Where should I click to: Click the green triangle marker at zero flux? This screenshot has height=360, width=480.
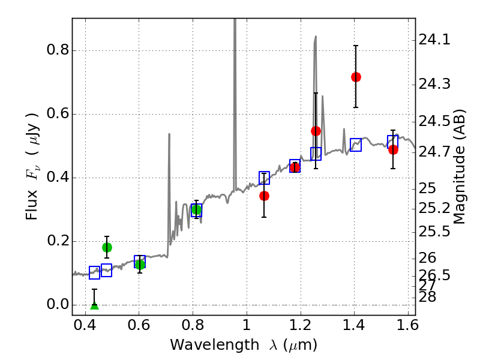coord(94,305)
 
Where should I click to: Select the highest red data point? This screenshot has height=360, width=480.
coord(356,77)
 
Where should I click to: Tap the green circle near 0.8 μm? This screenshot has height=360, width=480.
coord(196,209)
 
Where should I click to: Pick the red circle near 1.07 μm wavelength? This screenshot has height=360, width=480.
coord(264,196)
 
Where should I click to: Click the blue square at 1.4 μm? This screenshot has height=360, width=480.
coord(356,145)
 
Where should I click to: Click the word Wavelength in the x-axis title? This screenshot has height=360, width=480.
coord(206,345)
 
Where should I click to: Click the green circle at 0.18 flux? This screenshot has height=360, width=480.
coord(107,247)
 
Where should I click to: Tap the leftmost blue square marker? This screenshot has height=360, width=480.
coord(94,273)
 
